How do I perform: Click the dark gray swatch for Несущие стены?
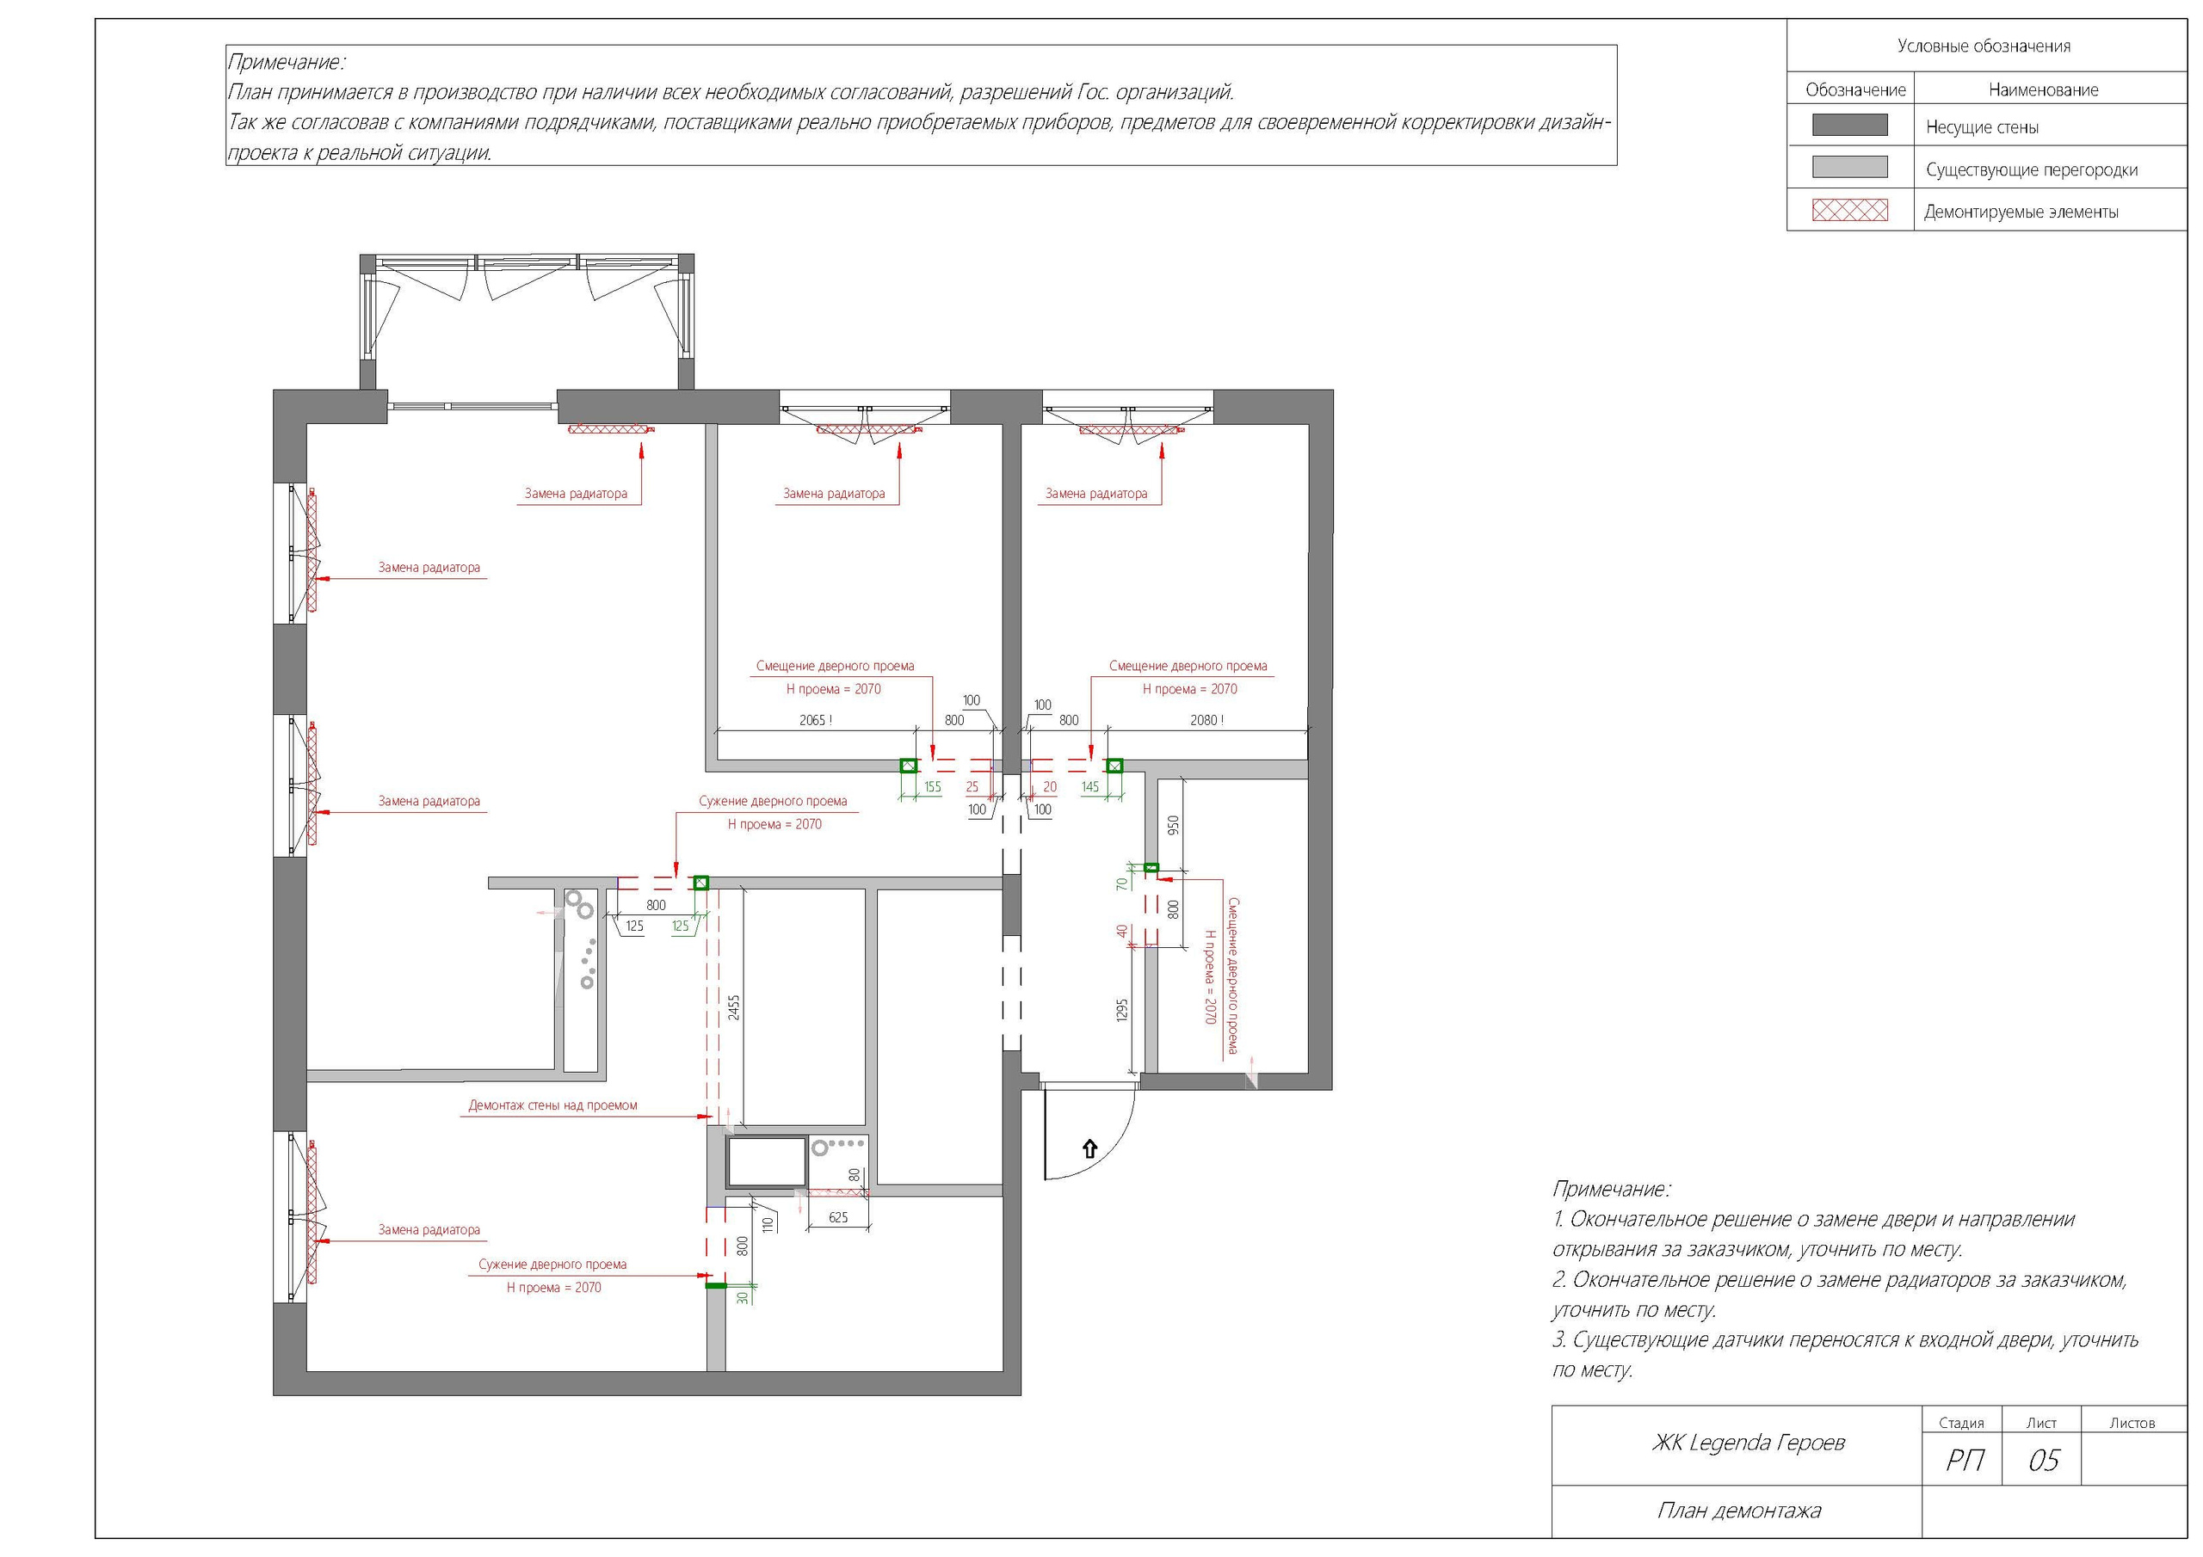point(1849,125)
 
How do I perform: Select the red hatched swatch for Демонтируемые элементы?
point(1849,210)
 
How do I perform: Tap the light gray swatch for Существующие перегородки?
point(1849,167)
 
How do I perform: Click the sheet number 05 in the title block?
point(2043,1459)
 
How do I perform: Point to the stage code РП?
point(1964,1459)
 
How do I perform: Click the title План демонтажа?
point(1737,1510)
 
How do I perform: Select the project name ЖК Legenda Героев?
point(1747,1442)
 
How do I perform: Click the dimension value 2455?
point(734,1008)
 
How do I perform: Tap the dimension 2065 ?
point(816,719)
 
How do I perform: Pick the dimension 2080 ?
point(1207,719)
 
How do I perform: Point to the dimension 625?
point(837,1216)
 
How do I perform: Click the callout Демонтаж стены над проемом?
point(552,1105)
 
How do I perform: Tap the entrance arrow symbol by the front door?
point(1089,1148)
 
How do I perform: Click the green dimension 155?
point(932,786)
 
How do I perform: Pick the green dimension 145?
point(1090,786)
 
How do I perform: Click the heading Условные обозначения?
point(1984,46)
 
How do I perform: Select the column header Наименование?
point(2043,90)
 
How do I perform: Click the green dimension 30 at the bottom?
point(742,1297)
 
